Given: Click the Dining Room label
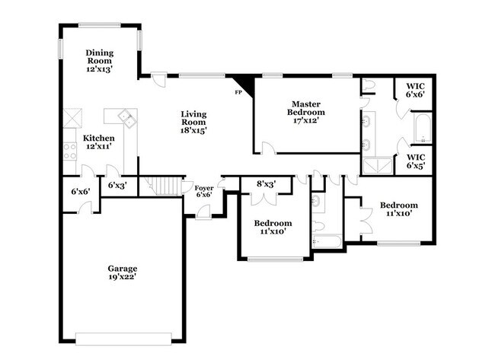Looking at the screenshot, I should pos(99,60).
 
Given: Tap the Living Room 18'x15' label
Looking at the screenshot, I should pos(193,122).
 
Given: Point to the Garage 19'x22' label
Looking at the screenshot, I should pos(122,273).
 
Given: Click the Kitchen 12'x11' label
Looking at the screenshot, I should pos(99,142).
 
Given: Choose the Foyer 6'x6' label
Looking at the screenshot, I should pos(203,191).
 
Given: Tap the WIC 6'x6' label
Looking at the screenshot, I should pos(415,91).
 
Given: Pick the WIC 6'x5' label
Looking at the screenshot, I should pos(415,161).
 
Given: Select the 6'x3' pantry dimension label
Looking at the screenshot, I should pos(117,185).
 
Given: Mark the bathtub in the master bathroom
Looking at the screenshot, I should pos(423,127).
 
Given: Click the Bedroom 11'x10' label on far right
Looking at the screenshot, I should pos(399,209).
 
